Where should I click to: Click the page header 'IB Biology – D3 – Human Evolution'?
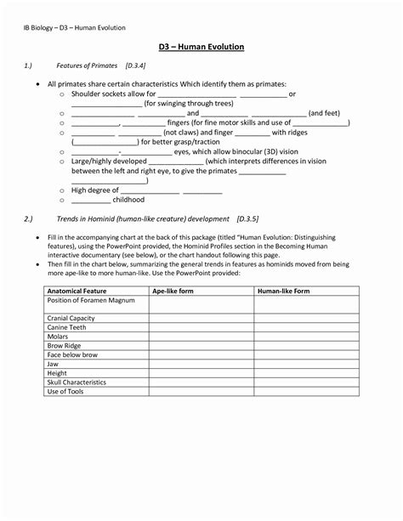tap(75, 27)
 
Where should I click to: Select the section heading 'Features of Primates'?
tap(87, 65)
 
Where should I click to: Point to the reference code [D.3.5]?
tap(253, 219)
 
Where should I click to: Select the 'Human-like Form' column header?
tap(283, 291)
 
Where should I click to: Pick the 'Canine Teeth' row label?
tap(67, 327)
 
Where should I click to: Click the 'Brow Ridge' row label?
tap(65, 345)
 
